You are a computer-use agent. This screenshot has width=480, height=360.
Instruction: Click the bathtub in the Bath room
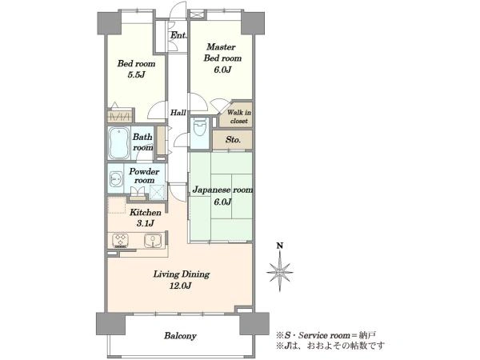tap(118, 143)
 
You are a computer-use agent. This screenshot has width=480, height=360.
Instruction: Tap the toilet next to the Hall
tap(200, 128)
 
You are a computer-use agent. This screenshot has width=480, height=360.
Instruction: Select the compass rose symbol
tap(279, 272)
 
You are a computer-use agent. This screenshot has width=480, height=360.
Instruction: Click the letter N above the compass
tap(279, 246)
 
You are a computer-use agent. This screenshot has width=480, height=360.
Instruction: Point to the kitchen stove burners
tap(120, 240)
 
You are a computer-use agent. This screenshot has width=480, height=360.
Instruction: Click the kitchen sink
tap(153, 240)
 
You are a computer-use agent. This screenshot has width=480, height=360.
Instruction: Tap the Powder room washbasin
tap(116, 178)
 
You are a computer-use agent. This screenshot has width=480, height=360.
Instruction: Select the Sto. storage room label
tap(233, 140)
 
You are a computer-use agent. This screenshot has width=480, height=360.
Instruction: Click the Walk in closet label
tap(238, 117)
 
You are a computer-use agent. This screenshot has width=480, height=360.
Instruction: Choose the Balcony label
tap(180, 336)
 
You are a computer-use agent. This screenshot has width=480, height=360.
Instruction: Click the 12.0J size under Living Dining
tap(180, 286)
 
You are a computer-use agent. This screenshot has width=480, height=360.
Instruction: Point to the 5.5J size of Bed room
tap(136, 74)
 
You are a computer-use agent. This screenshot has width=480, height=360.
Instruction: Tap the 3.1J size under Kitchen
tap(145, 223)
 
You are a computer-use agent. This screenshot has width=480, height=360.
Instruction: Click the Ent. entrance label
tap(178, 35)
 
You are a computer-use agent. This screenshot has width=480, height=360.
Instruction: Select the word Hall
tap(178, 113)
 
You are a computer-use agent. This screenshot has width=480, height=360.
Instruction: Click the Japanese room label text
tap(222, 190)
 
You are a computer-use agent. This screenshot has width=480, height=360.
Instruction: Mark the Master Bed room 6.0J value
tap(222, 70)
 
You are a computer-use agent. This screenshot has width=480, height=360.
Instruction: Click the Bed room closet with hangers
tap(120, 115)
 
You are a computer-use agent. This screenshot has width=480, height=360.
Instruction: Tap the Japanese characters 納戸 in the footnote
tap(368, 335)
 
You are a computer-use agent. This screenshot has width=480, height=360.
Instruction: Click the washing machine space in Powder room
tap(158, 192)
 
